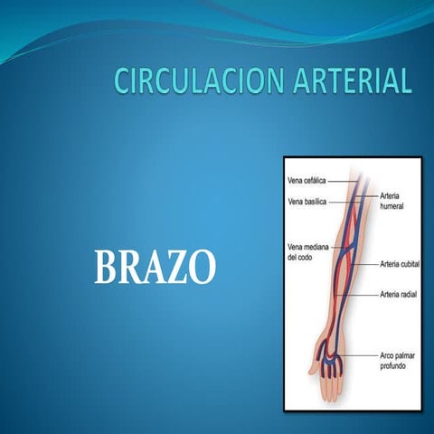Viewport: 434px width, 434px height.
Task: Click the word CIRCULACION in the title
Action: tap(189, 81)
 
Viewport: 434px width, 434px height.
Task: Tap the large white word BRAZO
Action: tap(156, 268)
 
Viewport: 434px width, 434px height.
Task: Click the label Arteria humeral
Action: tap(394, 200)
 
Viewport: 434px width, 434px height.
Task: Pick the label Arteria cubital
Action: tap(398, 264)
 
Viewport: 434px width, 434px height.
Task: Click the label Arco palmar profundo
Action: tap(400, 362)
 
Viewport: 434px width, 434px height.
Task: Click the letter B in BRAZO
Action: tap(107, 268)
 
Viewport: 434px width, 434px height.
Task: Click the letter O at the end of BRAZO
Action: tap(204, 268)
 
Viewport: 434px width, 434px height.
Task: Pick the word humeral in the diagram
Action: tap(393, 205)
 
